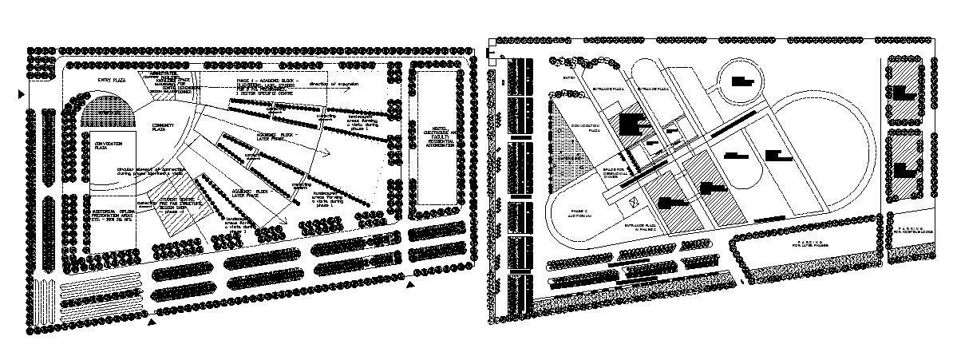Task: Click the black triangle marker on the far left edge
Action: tap(22, 95)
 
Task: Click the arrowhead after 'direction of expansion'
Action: tap(349, 90)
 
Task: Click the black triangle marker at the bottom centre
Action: tap(411, 283)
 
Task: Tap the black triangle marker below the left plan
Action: tap(152, 322)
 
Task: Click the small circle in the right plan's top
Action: tap(743, 80)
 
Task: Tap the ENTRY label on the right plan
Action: tap(567, 77)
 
